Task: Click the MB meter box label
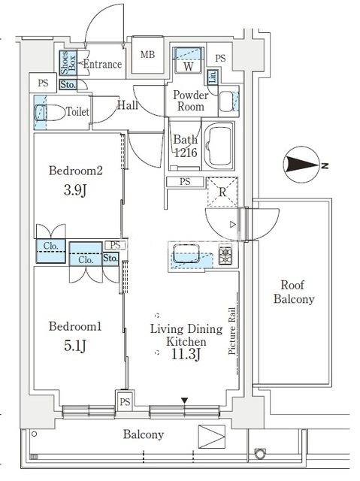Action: [147, 55]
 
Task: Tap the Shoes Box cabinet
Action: [68, 62]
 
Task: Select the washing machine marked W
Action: [189, 60]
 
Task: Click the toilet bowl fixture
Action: [50, 112]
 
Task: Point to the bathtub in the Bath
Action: [219, 145]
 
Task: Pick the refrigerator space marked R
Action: [222, 192]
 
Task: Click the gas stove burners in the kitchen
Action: [225, 254]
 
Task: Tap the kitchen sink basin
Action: [186, 253]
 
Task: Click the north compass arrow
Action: [302, 165]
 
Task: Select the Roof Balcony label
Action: [294, 292]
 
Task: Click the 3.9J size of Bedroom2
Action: [75, 190]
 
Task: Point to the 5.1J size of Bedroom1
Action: [75, 346]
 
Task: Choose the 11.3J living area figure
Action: [186, 355]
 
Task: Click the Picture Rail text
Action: [232, 331]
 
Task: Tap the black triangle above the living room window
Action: [184, 401]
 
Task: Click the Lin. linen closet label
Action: [213, 76]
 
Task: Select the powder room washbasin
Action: [227, 101]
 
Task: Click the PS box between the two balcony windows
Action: [125, 401]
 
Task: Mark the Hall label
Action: [128, 105]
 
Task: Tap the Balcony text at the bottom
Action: [144, 434]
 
